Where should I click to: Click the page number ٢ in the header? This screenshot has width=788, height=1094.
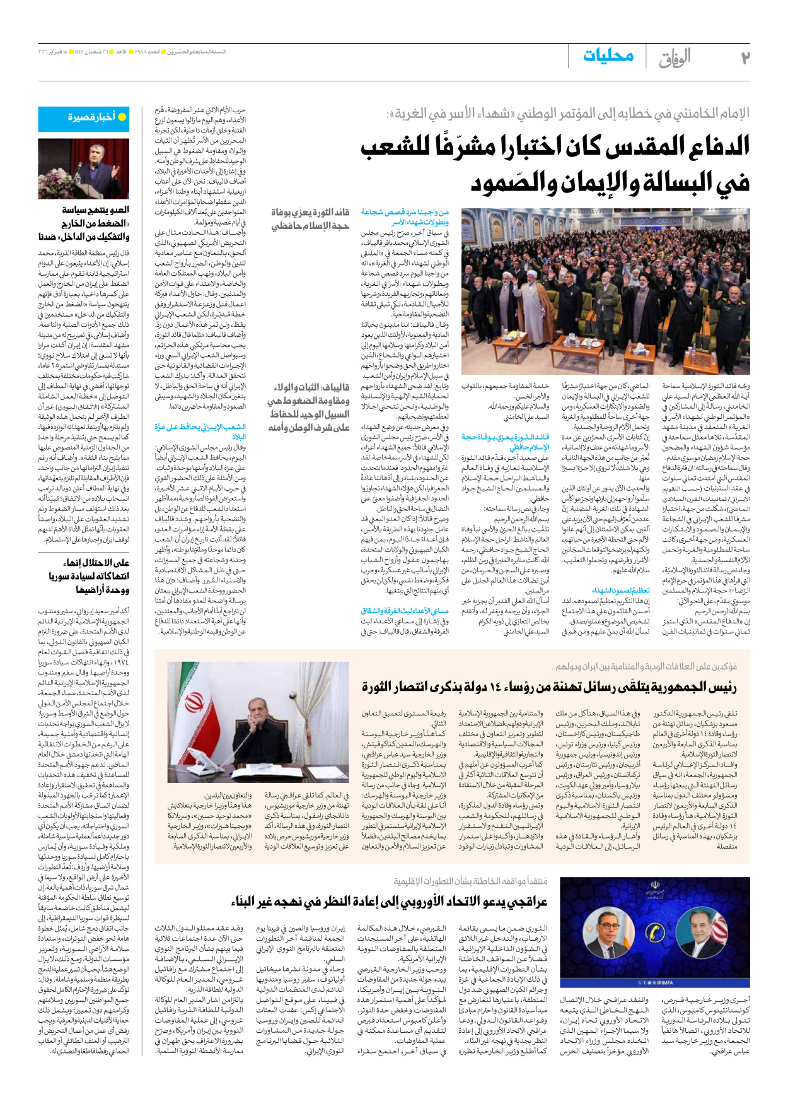(x=745, y=57)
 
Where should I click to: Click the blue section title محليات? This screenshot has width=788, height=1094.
(x=608, y=56)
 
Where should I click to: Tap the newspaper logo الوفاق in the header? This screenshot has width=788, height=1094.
(x=675, y=58)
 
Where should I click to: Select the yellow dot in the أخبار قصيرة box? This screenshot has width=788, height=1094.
(x=122, y=117)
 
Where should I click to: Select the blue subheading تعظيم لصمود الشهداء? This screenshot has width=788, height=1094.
(x=621, y=591)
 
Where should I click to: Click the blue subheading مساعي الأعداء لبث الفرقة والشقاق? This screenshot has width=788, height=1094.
(x=405, y=611)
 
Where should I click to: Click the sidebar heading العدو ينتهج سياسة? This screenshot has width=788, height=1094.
(x=96, y=210)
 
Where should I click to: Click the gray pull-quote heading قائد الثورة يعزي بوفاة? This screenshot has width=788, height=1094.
(x=310, y=213)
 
